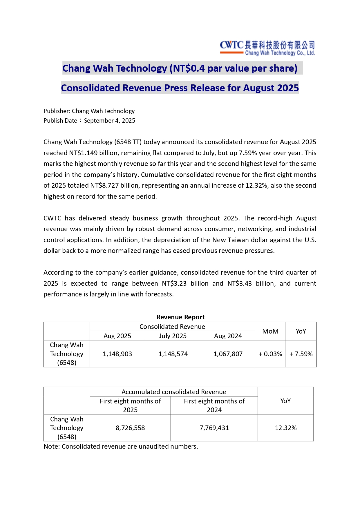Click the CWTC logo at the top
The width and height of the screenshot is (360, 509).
click(267, 48)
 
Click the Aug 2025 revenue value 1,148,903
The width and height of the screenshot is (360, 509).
click(117, 354)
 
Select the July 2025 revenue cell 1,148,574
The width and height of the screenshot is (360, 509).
click(173, 354)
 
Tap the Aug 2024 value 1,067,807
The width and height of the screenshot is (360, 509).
click(228, 354)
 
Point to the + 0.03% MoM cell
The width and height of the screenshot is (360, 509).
click(270, 354)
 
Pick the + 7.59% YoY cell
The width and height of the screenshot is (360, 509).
click(301, 354)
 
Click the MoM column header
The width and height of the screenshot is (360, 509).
click(270, 331)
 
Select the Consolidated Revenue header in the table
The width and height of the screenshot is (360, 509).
click(172, 327)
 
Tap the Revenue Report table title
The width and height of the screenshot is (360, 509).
click(180, 317)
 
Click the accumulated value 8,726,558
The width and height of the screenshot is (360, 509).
click(130, 428)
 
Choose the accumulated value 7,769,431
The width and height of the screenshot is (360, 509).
click(214, 428)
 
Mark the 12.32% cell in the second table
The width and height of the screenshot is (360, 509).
click(286, 428)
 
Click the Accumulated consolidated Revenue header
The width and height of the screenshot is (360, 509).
click(174, 392)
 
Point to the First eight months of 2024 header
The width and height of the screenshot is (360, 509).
click(214, 405)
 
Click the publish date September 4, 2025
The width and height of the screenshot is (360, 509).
click(110, 121)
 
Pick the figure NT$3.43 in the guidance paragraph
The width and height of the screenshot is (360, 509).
click(240, 283)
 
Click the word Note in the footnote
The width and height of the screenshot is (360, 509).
click(51, 446)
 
